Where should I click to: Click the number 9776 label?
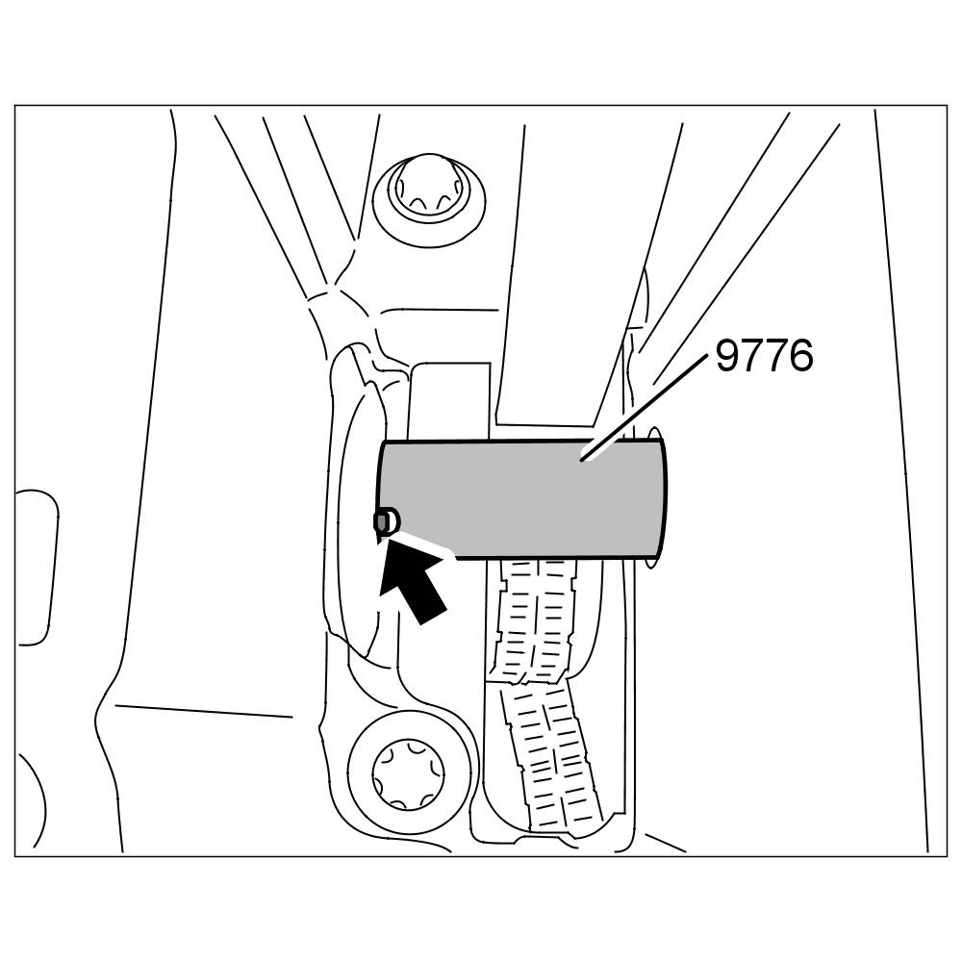764,357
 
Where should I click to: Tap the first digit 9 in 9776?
728,357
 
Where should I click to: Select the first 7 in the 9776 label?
752,357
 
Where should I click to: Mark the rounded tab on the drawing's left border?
37,568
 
